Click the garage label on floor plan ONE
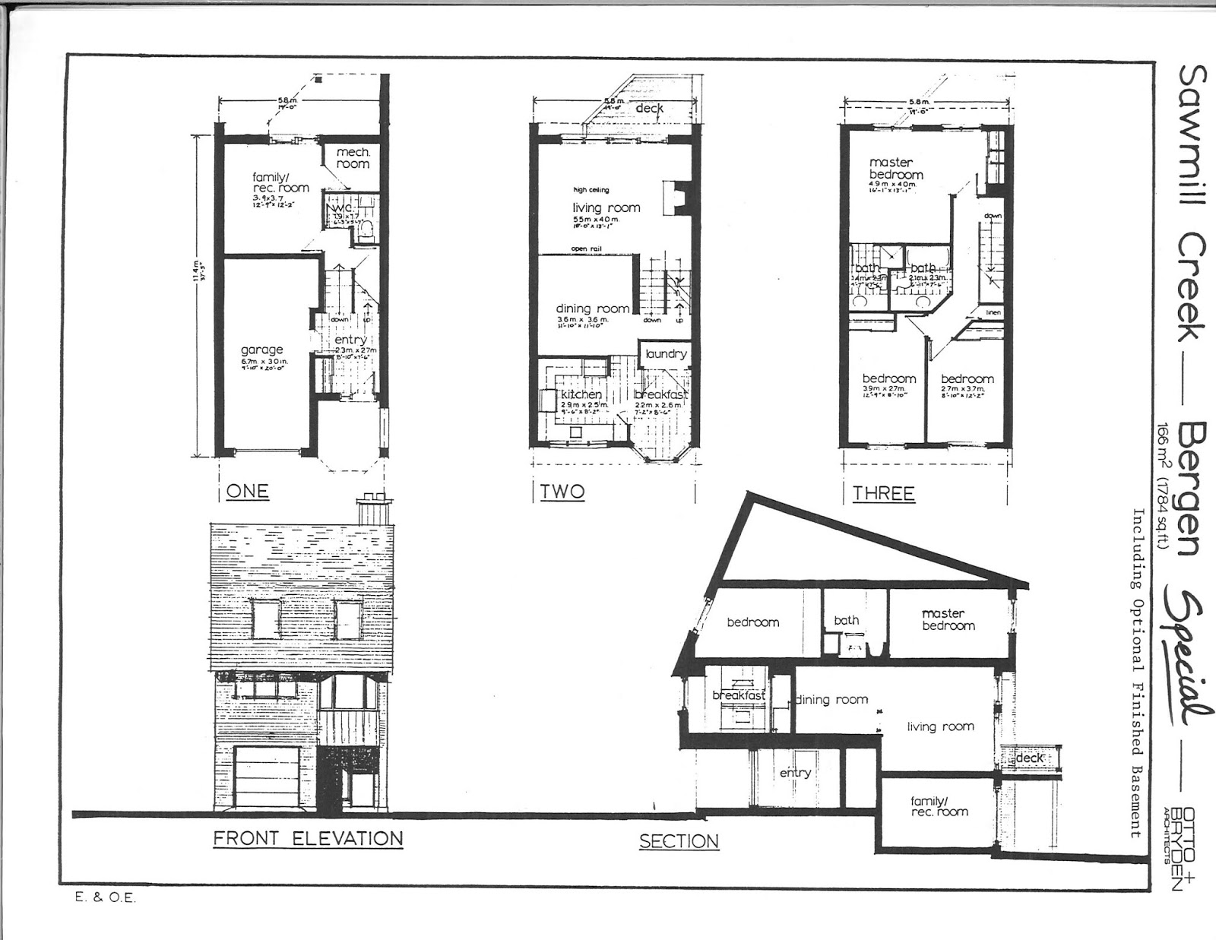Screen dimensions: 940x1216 pyautogui.click(x=261, y=350)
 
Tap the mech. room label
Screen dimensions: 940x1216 pyautogui.click(x=353, y=158)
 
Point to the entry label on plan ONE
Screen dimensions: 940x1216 pyautogui.click(x=350, y=339)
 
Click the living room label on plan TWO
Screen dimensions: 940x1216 pyautogui.click(x=606, y=207)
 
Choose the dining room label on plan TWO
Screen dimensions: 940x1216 pyautogui.click(x=592, y=308)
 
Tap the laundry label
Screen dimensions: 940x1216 pyautogui.click(x=666, y=353)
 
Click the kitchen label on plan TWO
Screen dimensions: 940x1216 pyautogui.click(x=581, y=394)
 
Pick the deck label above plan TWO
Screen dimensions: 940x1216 pyautogui.click(x=649, y=109)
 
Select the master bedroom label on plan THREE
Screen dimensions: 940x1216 pyautogui.click(x=896, y=168)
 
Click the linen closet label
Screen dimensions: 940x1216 pyautogui.click(x=993, y=312)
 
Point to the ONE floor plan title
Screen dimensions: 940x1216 pyautogui.click(x=247, y=491)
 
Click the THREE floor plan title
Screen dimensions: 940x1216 pyautogui.click(x=883, y=493)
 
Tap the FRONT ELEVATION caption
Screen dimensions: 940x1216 pyautogui.click(x=308, y=838)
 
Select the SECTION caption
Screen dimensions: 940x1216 pyautogui.click(x=679, y=841)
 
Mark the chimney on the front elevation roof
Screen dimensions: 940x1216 pyautogui.click(x=375, y=511)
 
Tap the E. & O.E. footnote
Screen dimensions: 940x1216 pyautogui.click(x=105, y=897)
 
